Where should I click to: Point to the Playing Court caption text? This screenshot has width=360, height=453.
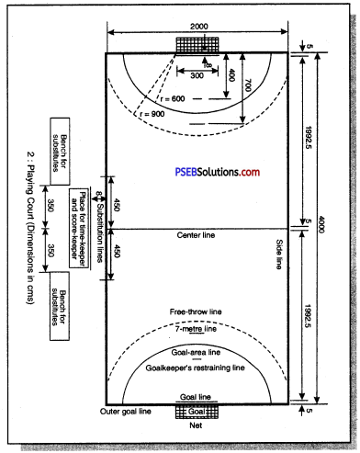pyautogui.click(x=30, y=204)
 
